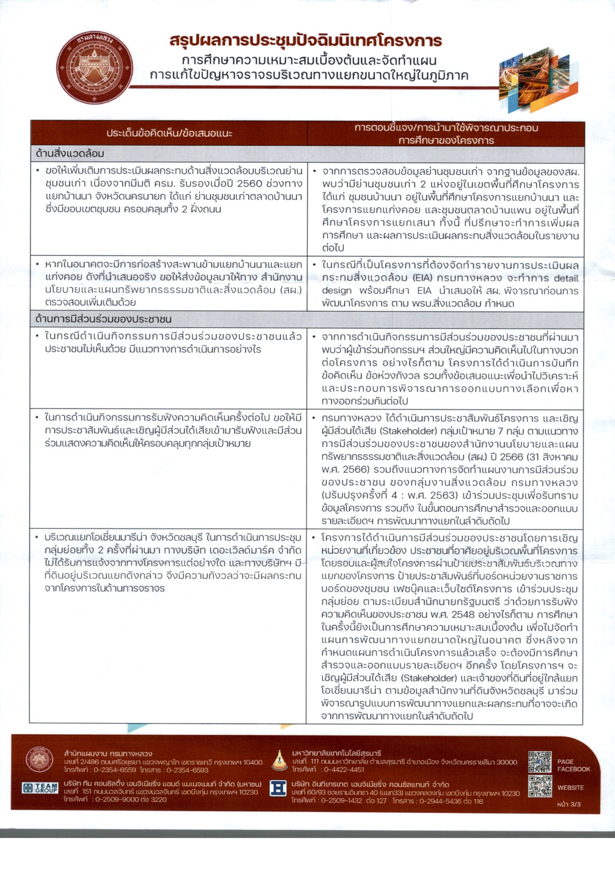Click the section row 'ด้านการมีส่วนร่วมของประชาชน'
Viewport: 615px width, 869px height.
click(103, 319)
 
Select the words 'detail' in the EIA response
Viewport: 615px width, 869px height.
click(566, 278)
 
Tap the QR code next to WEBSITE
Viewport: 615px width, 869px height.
click(540, 786)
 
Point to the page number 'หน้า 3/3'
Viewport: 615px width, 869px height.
click(568, 804)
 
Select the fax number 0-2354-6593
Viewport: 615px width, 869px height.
click(187, 770)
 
